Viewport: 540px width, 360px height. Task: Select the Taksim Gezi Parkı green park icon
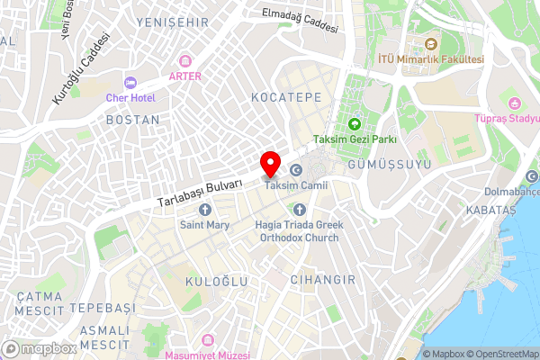(x=354, y=124)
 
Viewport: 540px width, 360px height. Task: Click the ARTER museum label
(x=184, y=76)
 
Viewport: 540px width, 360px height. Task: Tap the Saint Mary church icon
(x=204, y=210)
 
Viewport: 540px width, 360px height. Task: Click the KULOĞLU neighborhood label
(x=216, y=282)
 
